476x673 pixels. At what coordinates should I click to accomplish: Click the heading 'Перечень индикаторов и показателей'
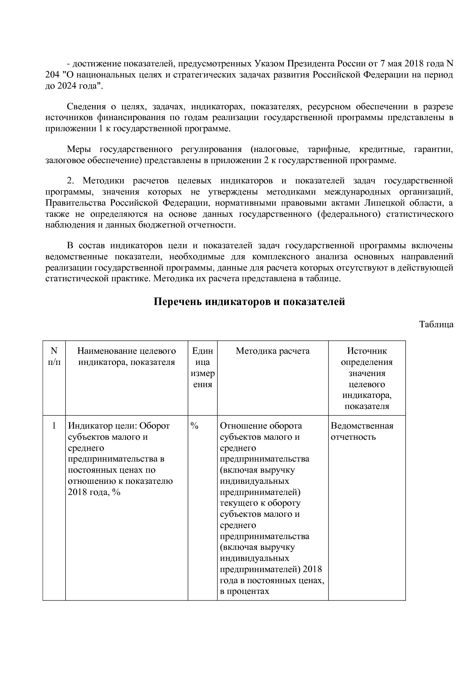pos(249,302)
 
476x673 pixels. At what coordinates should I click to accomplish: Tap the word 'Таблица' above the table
pos(436,324)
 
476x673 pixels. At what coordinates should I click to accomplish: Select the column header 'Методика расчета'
pos(273,351)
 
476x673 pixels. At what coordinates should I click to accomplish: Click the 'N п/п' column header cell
pos(54,356)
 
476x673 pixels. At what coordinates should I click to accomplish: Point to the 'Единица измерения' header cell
pos(202,367)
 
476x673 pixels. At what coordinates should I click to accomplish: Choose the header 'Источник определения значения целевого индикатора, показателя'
pos(367,378)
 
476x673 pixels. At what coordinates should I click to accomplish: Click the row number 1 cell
pos(54,426)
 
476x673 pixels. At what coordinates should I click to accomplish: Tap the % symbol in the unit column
pos(194,426)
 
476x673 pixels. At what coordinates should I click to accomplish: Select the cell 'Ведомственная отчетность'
pos(362,431)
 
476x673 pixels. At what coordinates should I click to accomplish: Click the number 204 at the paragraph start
pos(52,74)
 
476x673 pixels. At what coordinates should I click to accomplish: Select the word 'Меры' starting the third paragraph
pos(78,149)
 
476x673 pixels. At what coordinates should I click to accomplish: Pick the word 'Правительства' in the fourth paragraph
pos(75,203)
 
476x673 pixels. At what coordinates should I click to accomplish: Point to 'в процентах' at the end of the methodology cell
pos(245,591)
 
